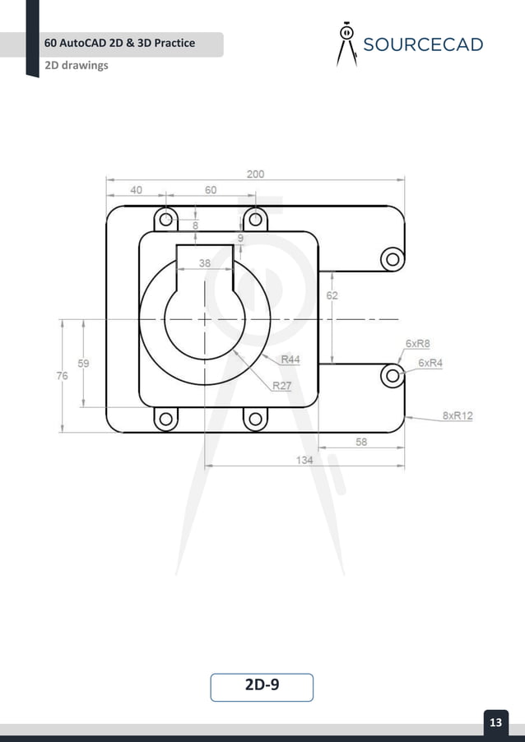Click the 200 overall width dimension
coord(255,174)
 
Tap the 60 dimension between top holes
coord(211,190)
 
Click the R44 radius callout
coord(290,359)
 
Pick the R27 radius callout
coord(282,385)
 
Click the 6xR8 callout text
coord(418,343)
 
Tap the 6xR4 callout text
coord(430,363)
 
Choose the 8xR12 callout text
coord(458,416)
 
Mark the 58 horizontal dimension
coord(361,441)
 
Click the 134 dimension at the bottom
coord(304,461)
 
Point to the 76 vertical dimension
coord(63,375)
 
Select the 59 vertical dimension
coord(84,362)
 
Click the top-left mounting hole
coord(166,219)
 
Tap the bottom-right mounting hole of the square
coord(255,420)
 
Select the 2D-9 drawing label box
coord(262,686)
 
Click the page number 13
coord(495,723)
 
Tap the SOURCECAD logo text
coord(422,44)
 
